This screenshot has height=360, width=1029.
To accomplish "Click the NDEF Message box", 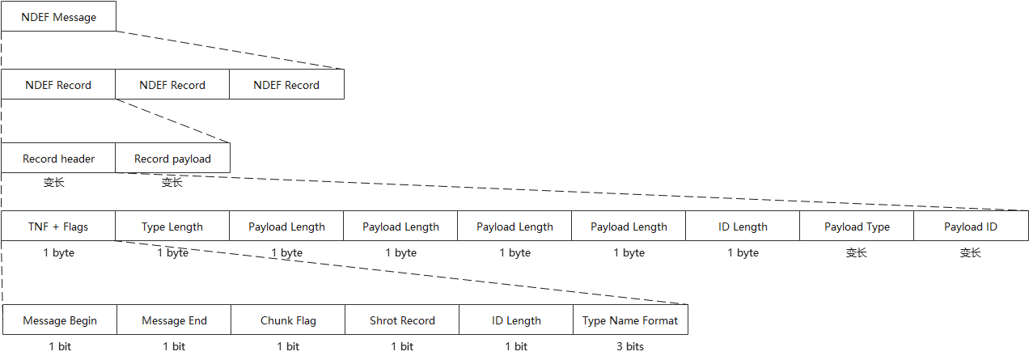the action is click(58, 17).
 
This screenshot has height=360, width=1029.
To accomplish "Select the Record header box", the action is click(58, 159).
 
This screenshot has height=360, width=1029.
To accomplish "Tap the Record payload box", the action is click(172, 159).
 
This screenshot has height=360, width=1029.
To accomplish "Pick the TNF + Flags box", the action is click(58, 227).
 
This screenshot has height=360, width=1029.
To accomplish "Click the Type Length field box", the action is click(172, 227).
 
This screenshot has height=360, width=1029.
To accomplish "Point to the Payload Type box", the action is click(857, 227).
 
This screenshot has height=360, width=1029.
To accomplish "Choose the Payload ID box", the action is click(971, 227).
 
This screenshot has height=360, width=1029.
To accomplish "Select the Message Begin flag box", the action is click(60, 320).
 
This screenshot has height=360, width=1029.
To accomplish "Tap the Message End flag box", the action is click(174, 320).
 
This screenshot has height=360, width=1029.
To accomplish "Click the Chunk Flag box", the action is click(288, 320).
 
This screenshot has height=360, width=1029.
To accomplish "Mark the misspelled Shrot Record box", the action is click(402, 320).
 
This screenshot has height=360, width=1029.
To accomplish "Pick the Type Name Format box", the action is click(630, 320).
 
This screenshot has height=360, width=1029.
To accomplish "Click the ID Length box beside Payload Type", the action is click(743, 227).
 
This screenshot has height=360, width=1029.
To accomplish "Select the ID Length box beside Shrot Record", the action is click(516, 320).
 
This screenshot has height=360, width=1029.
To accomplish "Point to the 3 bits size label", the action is click(630, 346).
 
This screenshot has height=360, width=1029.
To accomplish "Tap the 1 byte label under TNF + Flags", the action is click(58, 252).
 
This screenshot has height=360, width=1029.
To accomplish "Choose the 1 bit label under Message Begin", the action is click(60, 346).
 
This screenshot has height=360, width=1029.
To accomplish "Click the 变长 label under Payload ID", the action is click(971, 252).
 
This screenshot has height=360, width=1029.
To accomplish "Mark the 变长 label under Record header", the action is click(55, 182).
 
